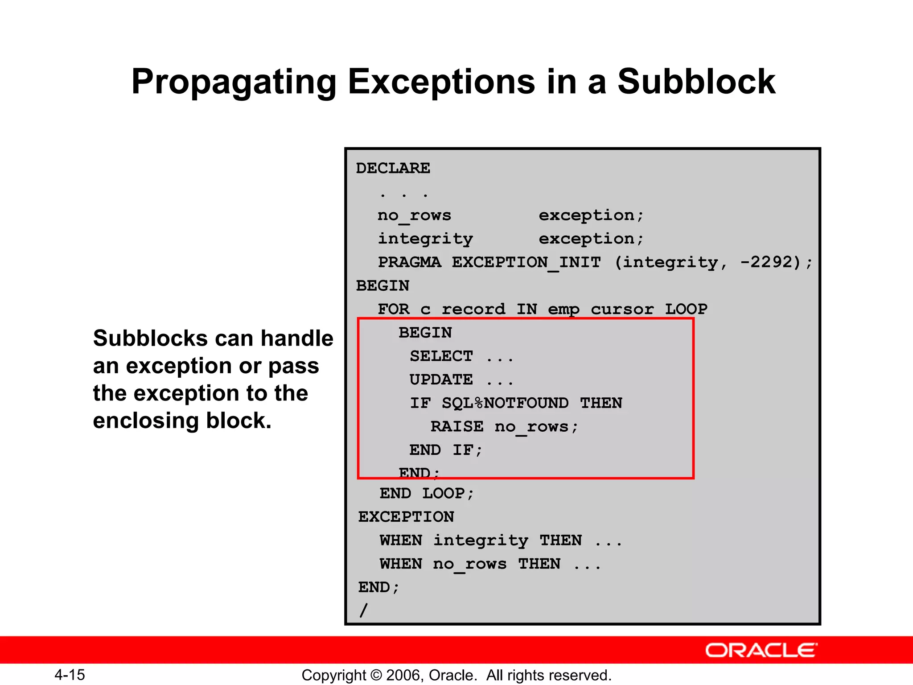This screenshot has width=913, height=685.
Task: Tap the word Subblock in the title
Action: click(x=696, y=82)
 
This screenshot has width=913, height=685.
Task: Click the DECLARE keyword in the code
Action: click(x=393, y=169)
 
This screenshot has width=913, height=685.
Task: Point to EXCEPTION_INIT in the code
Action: click(x=526, y=262)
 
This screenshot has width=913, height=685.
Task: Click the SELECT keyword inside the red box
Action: click(x=441, y=356)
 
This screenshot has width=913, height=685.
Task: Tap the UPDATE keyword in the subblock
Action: click(x=441, y=380)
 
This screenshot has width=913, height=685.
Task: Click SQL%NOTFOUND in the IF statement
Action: click(x=505, y=403)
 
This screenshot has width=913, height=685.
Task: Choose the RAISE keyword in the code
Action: click(x=457, y=427)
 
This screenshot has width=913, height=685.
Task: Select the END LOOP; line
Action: click(x=427, y=494)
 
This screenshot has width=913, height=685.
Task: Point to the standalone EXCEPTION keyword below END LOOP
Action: click(x=406, y=517)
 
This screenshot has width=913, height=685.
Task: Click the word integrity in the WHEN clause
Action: click(x=481, y=541)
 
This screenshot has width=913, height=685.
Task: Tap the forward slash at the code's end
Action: click(x=364, y=610)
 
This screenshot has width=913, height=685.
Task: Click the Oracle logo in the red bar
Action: click(x=761, y=651)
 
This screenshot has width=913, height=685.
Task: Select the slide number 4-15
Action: click(x=70, y=675)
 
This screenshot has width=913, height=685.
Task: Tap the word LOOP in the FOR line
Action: click(x=686, y=309)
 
